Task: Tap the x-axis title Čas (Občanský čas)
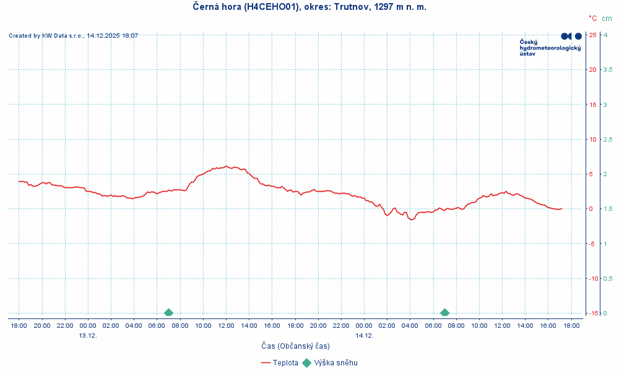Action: coord(295,346)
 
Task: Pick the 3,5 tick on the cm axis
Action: coord(608,69)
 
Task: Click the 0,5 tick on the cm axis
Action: coord(608,278)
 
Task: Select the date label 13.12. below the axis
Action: coord(88,336)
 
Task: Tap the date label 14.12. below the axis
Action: coord(364,336)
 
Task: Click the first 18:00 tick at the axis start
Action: coord(19,325)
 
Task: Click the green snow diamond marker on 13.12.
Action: coord(168,313)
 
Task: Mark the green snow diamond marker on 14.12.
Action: coord(444,313)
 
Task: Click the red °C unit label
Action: coord(592,19)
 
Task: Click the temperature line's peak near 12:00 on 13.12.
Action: coord(227,166)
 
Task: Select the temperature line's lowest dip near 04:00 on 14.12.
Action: coord(410,220)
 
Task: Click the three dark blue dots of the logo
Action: coord(571,36)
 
